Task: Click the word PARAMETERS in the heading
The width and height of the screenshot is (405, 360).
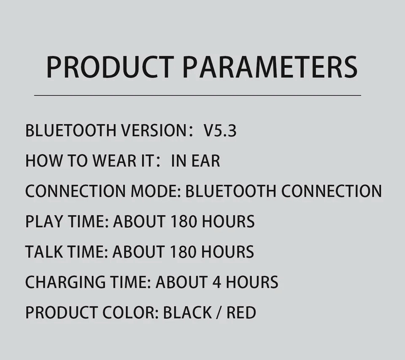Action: pos(271,67)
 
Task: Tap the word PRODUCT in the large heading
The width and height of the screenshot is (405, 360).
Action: pos(109,67)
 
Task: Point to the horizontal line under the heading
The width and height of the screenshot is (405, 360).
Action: pos(197,96)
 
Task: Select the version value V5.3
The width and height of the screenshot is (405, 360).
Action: pos(220,131)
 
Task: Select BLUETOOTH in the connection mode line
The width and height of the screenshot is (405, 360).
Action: pos(231,191)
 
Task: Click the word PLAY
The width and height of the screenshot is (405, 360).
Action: pos(42,221)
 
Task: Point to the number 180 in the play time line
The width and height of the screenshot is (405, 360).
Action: pos(184,221)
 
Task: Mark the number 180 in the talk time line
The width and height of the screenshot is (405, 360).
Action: pos(184,252)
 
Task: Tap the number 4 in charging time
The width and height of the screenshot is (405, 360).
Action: pos(217,282)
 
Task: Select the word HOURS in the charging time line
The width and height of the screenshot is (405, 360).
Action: pos(252,282)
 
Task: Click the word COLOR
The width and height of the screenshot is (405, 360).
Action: pos(130,312)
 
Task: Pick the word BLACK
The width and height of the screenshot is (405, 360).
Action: pos(187,312)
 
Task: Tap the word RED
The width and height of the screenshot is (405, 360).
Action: pos(241,312)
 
